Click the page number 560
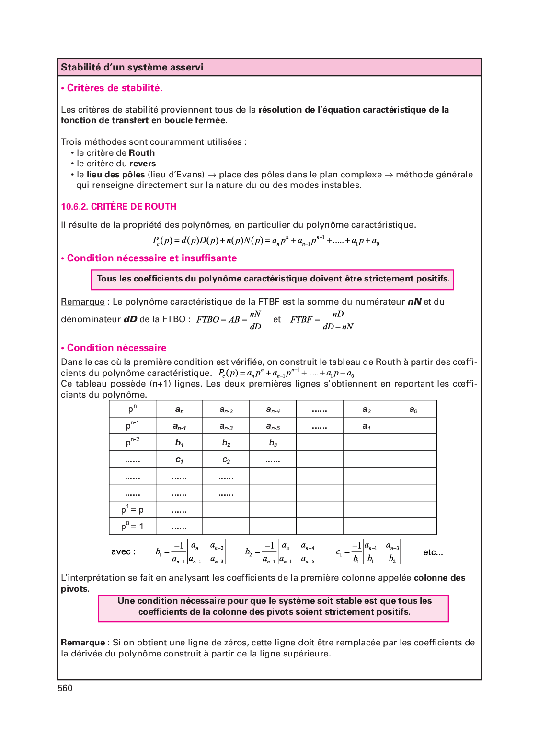click(x=65, y=688)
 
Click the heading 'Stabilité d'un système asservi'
click(x=132, y=67)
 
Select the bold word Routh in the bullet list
click(x=142, y=153)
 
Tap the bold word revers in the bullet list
click(x=142, y=164)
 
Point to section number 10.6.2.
click(x=75, y=207)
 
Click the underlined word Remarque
click(x=82, y=302)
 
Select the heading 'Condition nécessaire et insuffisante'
click(x=151, y=258)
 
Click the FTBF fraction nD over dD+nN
click(x=338, y=320)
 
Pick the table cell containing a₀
click(x=413, y=410)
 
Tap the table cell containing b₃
click(x=273, y=443)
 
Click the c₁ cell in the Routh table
click(x=179, y=460)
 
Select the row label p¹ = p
click(x=132, y=509)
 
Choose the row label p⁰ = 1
click(x=132, y=526)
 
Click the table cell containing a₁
click(x=366, y=426)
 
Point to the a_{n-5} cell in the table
click(x=273, y=426)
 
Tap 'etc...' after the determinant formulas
click(x=433, y=552)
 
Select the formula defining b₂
click(x=280, y=552)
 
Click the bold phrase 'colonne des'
click(x=439, y=578)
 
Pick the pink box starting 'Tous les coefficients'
click(x=272, y=280)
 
